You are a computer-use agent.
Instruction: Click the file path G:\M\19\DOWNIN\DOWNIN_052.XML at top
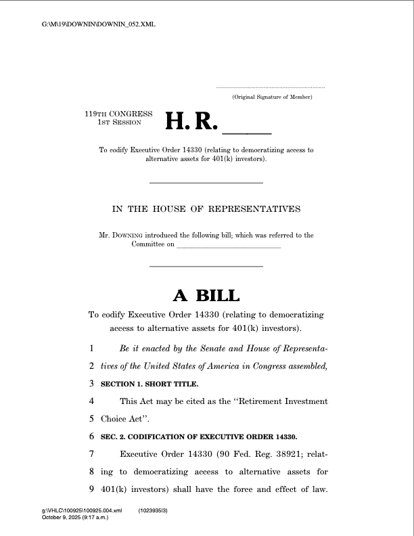pos(99,25)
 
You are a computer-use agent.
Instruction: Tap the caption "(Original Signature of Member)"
pos(271,98)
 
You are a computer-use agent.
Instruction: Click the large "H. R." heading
pos(192,122)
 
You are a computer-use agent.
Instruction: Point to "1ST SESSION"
pos(120,122)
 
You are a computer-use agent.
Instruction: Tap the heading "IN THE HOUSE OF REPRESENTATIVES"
pos(206,209)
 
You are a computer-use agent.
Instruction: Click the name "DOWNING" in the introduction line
pos(127,236)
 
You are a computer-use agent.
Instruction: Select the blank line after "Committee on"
pos(228,248)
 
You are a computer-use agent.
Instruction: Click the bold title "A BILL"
pos(206,296)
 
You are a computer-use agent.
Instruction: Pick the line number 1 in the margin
pos(91,349)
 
